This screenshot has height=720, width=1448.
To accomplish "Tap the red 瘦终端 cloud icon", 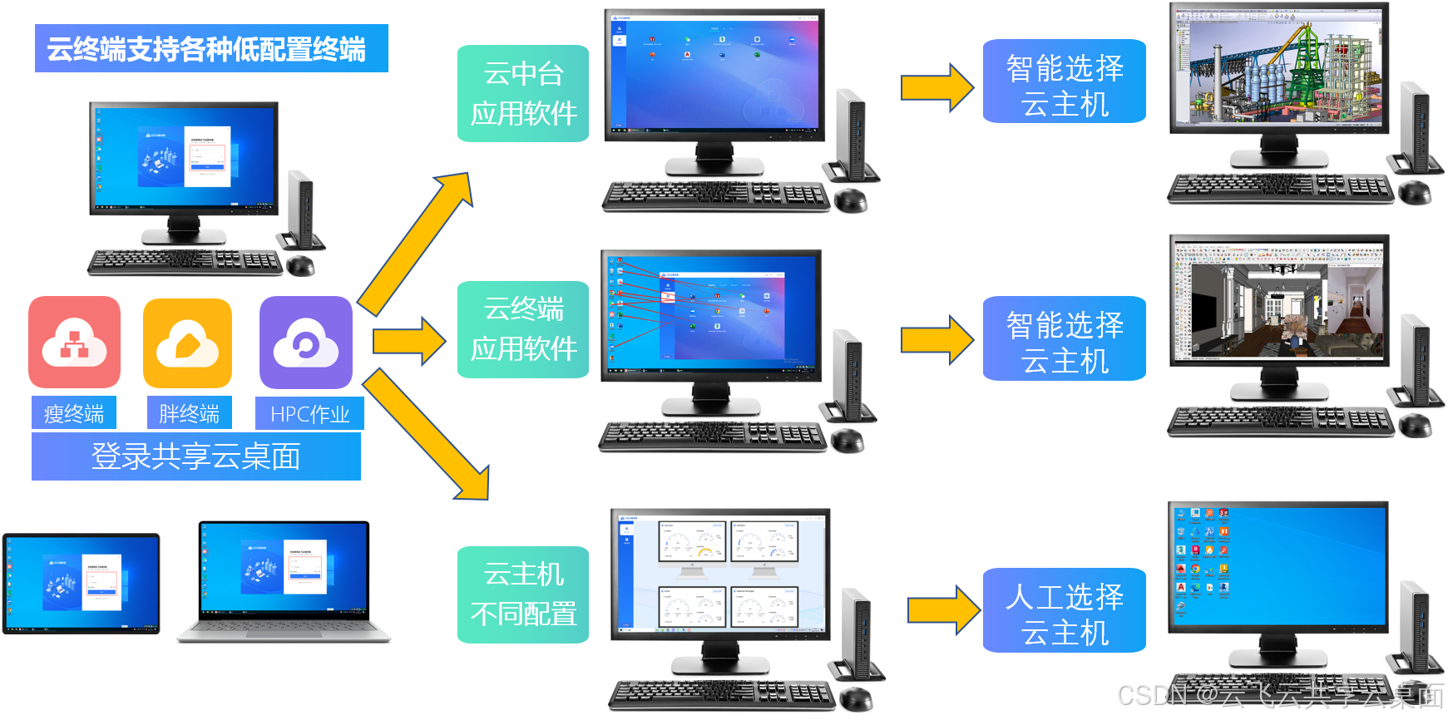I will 74,342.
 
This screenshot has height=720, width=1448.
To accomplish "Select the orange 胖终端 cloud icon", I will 187,343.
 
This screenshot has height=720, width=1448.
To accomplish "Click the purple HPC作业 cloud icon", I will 305,343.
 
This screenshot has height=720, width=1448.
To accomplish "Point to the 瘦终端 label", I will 74,413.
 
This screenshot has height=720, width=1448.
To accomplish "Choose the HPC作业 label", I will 309,413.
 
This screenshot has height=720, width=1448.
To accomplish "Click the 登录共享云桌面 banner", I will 196,456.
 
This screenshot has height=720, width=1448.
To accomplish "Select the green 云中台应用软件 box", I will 523,93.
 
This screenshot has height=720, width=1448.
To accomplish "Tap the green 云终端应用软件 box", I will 523,329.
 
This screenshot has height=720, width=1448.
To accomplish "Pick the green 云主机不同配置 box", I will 523,594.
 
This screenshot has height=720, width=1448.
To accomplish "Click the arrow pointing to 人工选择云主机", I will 943,610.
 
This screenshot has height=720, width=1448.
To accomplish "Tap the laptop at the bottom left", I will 284,582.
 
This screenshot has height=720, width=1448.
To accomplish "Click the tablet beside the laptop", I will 81,584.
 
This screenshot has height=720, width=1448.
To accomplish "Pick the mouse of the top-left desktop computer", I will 300,265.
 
